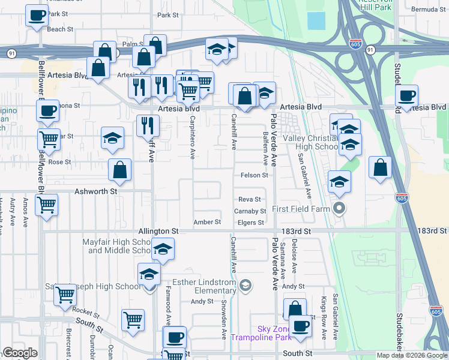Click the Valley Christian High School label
tap(311, 142)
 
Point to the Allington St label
tap(158, 230)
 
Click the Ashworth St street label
tap(95, 191)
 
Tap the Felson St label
tap(254, 175)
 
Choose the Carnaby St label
tap(250, 211)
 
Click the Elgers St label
tap(252, 223)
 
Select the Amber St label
tap(207, 222)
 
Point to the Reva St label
tap(250, 199)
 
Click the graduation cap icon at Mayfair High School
tap(162, 248)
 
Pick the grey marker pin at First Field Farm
tap(339, 209)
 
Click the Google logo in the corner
tap(20, 353)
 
